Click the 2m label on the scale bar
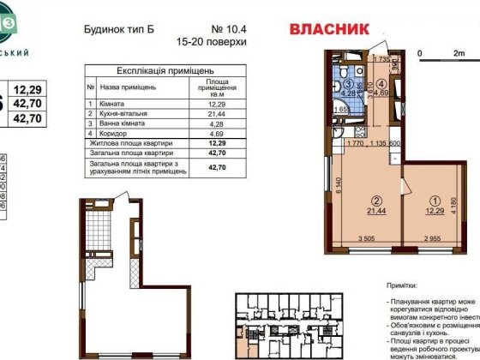[x=459, y=52]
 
